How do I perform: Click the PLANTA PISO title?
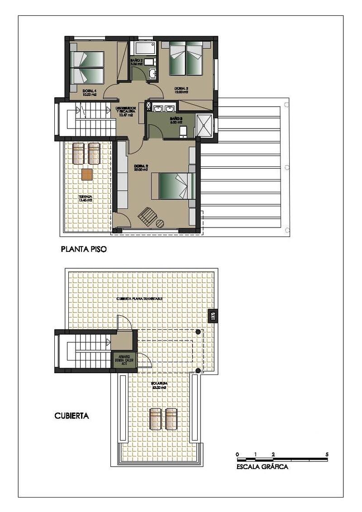(84, 249)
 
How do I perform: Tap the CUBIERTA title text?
(71, 416)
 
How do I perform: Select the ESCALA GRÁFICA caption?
(262, 467)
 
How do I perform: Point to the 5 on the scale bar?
(327, 454)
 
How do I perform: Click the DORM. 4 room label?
(89, 93)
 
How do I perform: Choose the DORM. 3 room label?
(181, 90)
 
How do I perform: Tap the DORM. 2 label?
(142, 168)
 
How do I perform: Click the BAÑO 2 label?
(137, 62)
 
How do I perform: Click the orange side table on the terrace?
(87, 174)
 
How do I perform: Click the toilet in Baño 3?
(183, 131)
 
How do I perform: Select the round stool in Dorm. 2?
(160, 223)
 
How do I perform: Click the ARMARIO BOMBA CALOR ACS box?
(123, 360)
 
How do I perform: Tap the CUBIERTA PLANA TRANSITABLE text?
(139, 299)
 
